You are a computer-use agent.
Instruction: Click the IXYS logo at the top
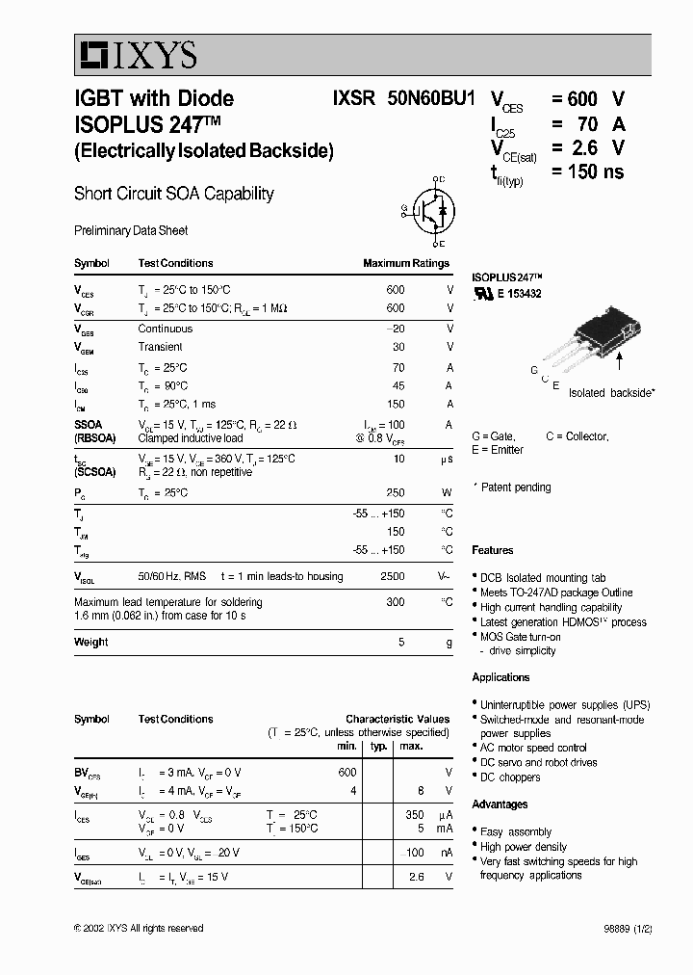137,56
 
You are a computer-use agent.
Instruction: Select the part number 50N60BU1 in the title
431,98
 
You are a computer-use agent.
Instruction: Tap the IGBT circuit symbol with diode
429,212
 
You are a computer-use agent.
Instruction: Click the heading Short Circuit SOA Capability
174,194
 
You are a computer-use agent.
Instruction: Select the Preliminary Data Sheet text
131,231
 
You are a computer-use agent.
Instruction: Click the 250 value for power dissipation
395,492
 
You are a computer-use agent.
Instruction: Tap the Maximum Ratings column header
405,263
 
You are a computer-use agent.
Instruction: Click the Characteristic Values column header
398,719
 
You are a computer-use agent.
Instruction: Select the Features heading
492,550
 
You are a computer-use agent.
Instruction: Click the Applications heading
500,677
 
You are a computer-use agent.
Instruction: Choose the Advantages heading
500,804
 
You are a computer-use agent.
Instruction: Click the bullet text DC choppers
510,777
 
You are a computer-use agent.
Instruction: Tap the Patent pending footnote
515,487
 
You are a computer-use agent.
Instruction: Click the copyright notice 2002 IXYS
139,928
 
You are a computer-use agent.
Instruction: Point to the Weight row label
90,642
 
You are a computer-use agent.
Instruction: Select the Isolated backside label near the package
610,393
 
